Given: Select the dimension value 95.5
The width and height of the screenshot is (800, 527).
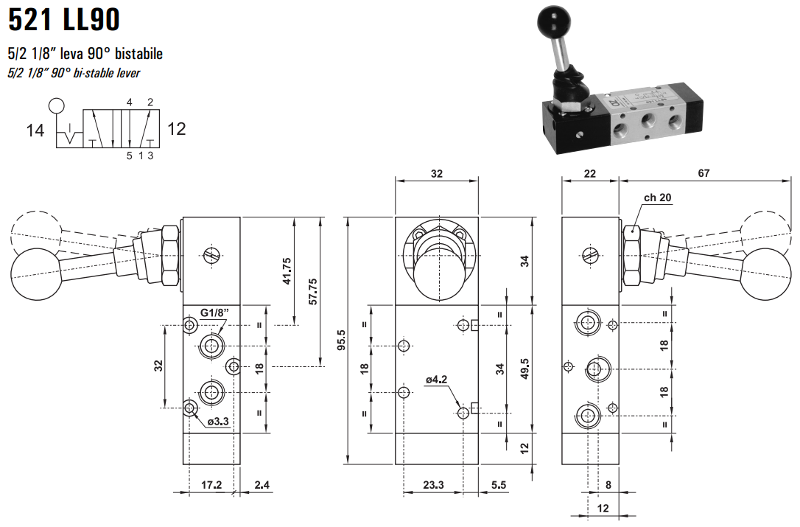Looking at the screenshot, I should [340, 341].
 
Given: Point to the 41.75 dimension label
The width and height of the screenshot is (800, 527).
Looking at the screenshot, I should [287, 271].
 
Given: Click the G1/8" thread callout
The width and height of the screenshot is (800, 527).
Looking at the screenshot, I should [214, 313].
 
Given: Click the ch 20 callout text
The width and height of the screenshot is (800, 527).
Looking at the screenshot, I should [658, 197].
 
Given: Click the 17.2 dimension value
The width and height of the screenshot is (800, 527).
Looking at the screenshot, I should [211, 485].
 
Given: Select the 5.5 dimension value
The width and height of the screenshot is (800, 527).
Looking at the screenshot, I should [499, 485].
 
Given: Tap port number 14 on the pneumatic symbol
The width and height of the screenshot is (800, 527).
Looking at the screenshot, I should [35, 130].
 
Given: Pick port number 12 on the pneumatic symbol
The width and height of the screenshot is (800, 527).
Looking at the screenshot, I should [176, 129].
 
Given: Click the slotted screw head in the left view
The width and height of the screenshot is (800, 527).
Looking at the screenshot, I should [212, 256].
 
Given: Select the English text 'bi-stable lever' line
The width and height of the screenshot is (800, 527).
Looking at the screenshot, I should [74, 72].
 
